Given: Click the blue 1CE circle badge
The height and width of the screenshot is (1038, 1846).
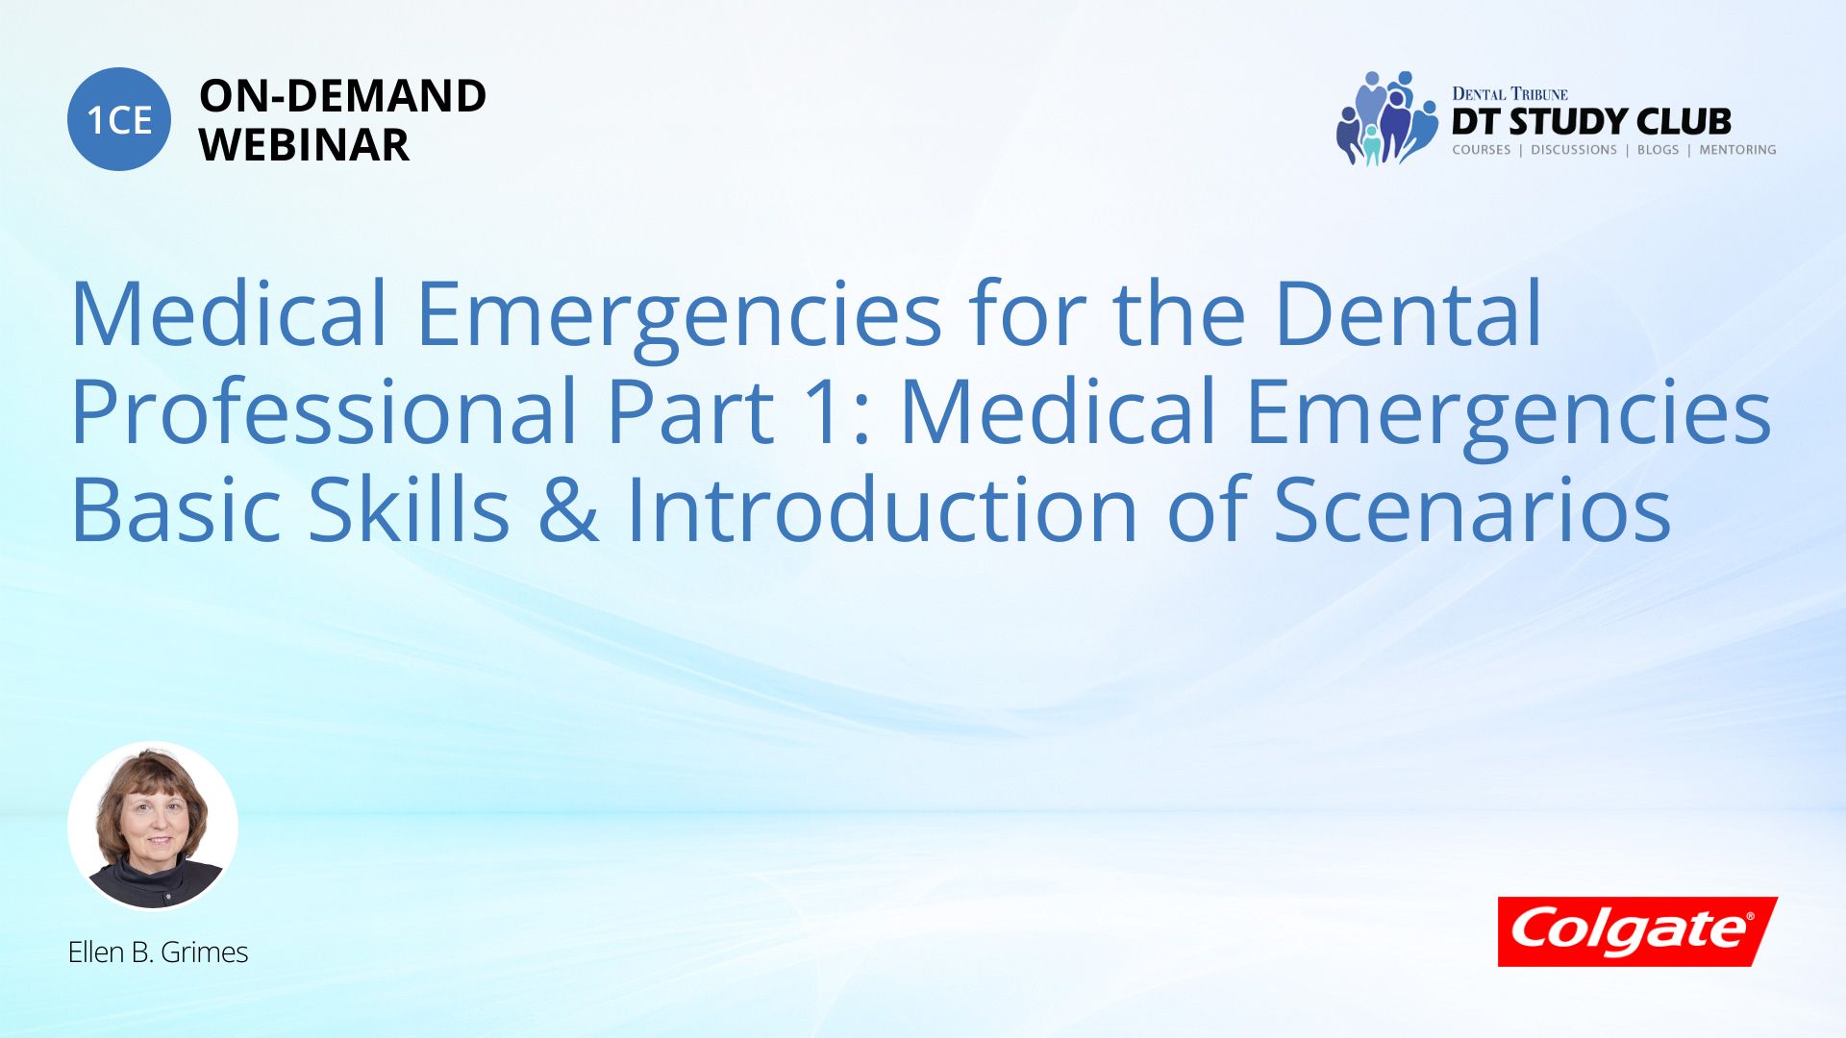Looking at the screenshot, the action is tap(119, 119).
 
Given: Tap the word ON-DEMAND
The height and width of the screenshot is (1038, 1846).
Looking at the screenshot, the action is tap(342, 96).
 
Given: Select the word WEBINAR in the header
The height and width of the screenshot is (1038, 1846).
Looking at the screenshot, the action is tap(304, 145).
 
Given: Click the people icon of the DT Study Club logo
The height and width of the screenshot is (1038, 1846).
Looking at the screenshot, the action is tap(1386, 118).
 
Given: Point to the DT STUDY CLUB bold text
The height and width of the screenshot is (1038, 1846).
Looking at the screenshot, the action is tap(1591, 122).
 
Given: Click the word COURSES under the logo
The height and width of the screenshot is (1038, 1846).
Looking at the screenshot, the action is tap(1481, 150).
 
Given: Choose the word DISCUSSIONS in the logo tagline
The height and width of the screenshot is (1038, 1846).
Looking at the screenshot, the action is tap(1574, 150).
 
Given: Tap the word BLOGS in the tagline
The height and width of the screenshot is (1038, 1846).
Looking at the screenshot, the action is tap(1658, 150).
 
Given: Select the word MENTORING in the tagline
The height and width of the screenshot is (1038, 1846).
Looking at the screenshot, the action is tap(1737, 150).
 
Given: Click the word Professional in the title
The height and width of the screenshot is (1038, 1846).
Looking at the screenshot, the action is tap(324, 411).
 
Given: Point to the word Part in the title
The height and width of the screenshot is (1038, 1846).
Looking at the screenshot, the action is tap(690, 411).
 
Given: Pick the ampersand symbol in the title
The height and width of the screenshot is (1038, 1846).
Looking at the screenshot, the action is tap(568, 510).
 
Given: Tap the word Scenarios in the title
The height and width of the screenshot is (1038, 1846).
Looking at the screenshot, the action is tap(1473, 510).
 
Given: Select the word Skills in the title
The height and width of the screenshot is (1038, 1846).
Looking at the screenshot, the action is tap(409, 508).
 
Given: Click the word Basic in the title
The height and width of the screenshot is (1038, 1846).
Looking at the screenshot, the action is tap(175, 508).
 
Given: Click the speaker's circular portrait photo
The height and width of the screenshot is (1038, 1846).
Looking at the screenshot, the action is tap(153, 826).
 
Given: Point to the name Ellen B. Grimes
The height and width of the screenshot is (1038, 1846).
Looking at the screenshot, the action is tap(158, 951).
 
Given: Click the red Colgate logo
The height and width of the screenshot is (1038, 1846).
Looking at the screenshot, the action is tap(1637, 931).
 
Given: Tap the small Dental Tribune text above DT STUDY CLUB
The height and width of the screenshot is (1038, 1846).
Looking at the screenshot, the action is tap(1509, 93).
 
